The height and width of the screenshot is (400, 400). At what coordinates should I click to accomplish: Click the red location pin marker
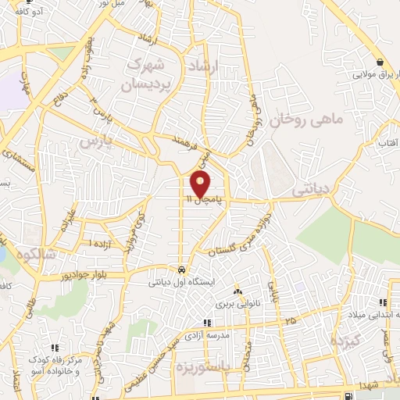[201, 184]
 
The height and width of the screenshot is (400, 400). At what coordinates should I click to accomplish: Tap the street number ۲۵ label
[291, 320]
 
